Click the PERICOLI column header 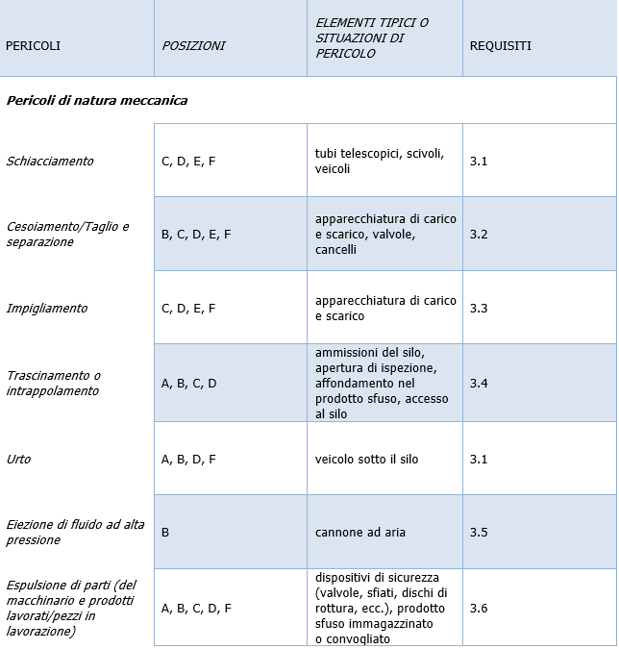click(33, 45)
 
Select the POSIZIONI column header click(193, 45)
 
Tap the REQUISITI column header click(500, 45)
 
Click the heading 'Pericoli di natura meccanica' click(97, 100)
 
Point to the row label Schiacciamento click(50, 161)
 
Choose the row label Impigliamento click(47, 308)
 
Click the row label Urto click(18, 459)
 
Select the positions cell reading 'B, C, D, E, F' click(196, 234)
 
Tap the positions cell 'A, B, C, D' click(188, 383)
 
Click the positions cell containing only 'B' click(165, 532)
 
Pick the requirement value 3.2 click(479, 234)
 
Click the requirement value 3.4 click(479, 383)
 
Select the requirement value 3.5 click(479, 532)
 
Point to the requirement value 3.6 click(479, 608)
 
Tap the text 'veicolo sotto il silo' click(366, 459)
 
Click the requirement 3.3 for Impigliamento click(479, 308)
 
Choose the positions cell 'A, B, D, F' click(188, 459)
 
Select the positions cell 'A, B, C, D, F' click(196, 608)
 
